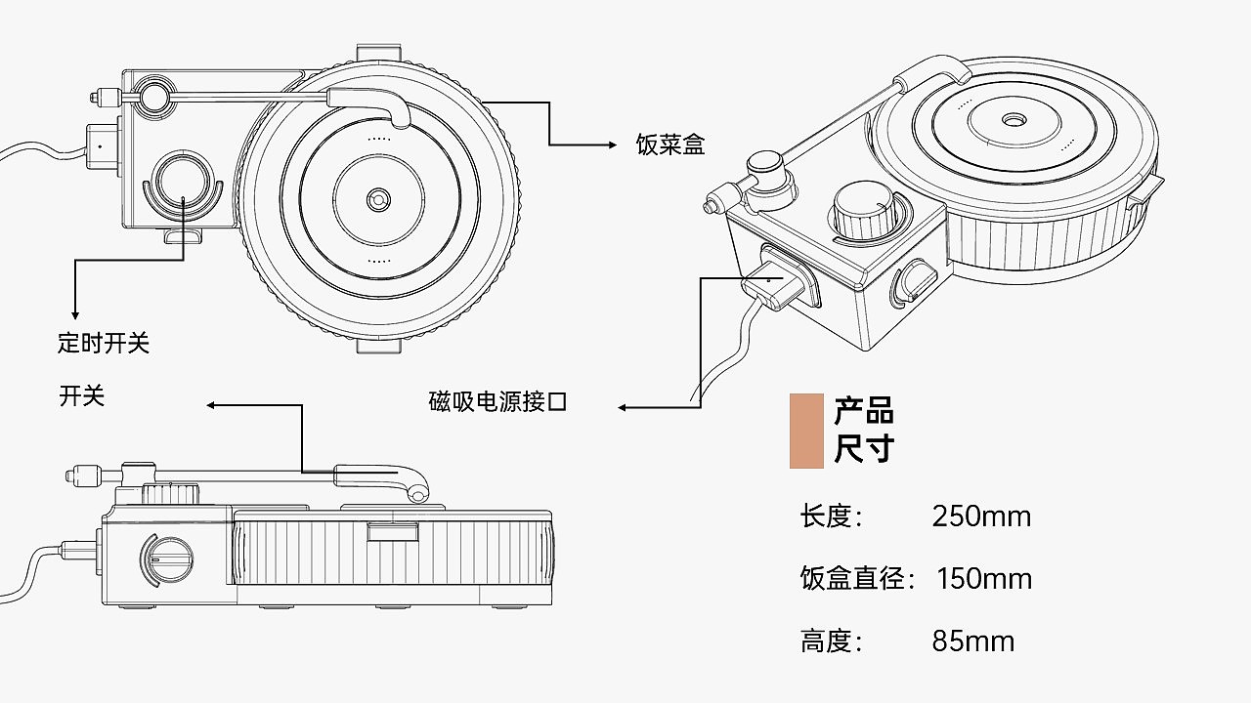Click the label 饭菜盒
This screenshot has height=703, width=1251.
point(670,145)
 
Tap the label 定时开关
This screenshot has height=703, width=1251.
point(104,343)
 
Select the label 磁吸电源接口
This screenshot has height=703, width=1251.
point(497,401)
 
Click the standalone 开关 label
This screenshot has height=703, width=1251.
point(81,396)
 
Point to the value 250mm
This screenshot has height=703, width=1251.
point(981,517)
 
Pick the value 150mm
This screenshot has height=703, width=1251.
point(984,579)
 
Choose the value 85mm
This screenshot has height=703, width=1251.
point(972,641)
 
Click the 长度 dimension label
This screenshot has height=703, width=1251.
point(831,517)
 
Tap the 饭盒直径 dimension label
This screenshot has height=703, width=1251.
point(857,579)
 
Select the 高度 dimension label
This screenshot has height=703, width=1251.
point(831,641)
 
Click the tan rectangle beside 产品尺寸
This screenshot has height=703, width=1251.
point(806,431)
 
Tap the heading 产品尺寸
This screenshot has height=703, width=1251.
point(864,431)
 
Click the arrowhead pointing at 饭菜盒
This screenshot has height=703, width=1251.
point(613,145)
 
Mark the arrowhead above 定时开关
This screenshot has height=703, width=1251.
point(75,315)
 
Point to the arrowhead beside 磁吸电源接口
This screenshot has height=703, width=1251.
point(623,408)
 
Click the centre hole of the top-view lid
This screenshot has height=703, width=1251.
point(378,200)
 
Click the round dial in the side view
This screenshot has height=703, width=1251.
point(166,559)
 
